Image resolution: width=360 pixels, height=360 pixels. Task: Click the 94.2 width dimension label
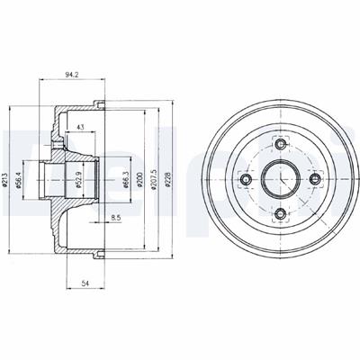tap(72, 75)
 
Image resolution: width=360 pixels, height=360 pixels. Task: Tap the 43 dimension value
tap(80, 127)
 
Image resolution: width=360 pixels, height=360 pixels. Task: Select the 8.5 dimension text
tap(115, 218)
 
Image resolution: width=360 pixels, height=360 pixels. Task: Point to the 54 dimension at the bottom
tap(85, 283)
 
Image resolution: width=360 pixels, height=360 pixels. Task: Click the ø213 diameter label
tap(4, 179)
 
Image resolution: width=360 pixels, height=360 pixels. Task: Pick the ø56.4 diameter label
tap(18, 179)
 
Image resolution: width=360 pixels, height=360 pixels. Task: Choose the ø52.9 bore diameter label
tap(79, 179)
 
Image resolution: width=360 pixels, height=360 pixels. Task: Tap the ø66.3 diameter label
tap(126, 179)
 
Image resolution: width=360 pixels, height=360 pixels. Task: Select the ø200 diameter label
tap(139, 179)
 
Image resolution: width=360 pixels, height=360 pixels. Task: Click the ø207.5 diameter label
tap(154, 179)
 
